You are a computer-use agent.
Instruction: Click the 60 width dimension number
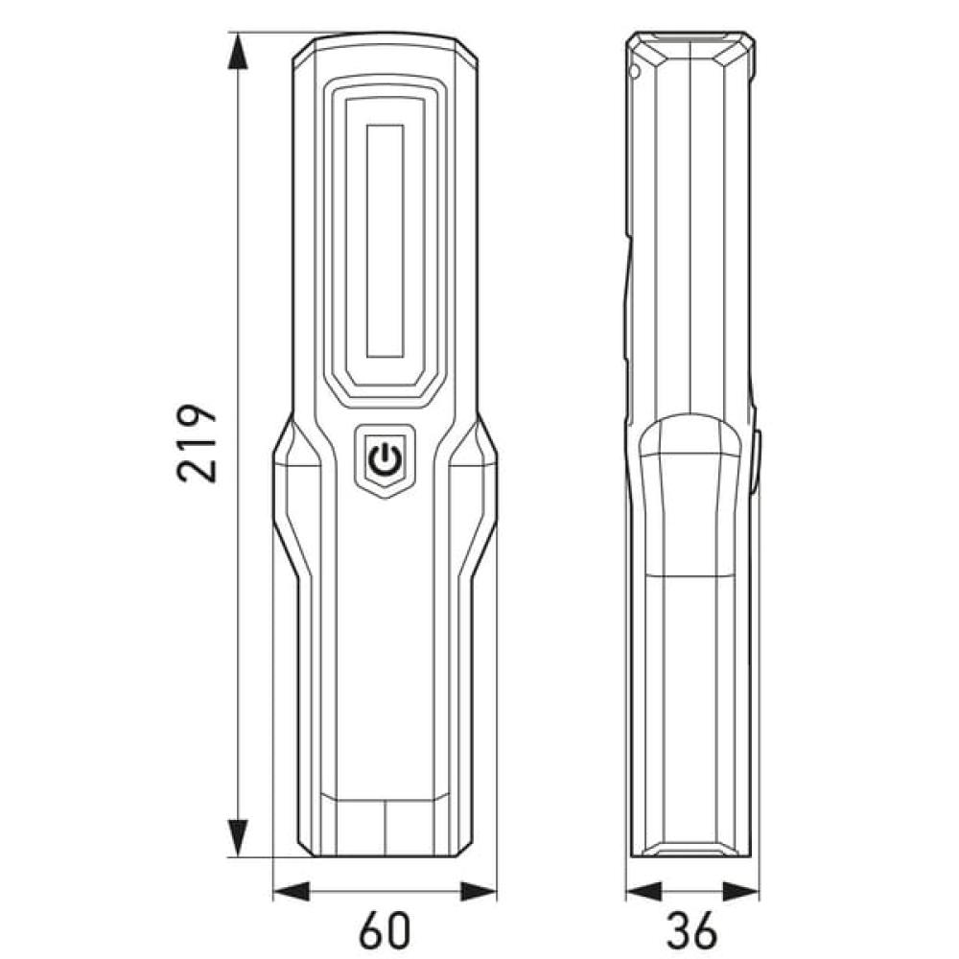click(x=386, y=928)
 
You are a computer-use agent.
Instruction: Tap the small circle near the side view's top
click(x=634, y=71)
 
